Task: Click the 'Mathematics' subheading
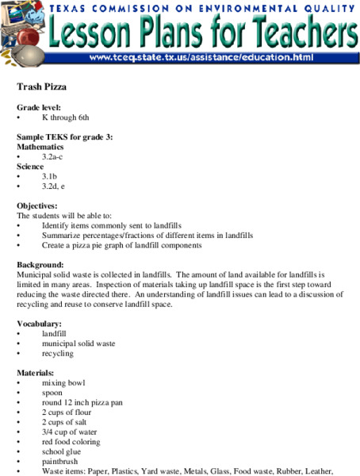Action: click(42, 147)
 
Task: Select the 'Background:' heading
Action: click(41, 264)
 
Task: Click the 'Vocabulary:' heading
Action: click(40, 324)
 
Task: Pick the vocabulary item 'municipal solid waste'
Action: click(79, 344)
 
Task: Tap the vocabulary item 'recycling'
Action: click(58, 353)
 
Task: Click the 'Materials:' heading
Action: click(36, 373)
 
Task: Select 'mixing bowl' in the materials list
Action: click(63, 382)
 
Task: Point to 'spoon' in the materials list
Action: click(53, 393)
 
